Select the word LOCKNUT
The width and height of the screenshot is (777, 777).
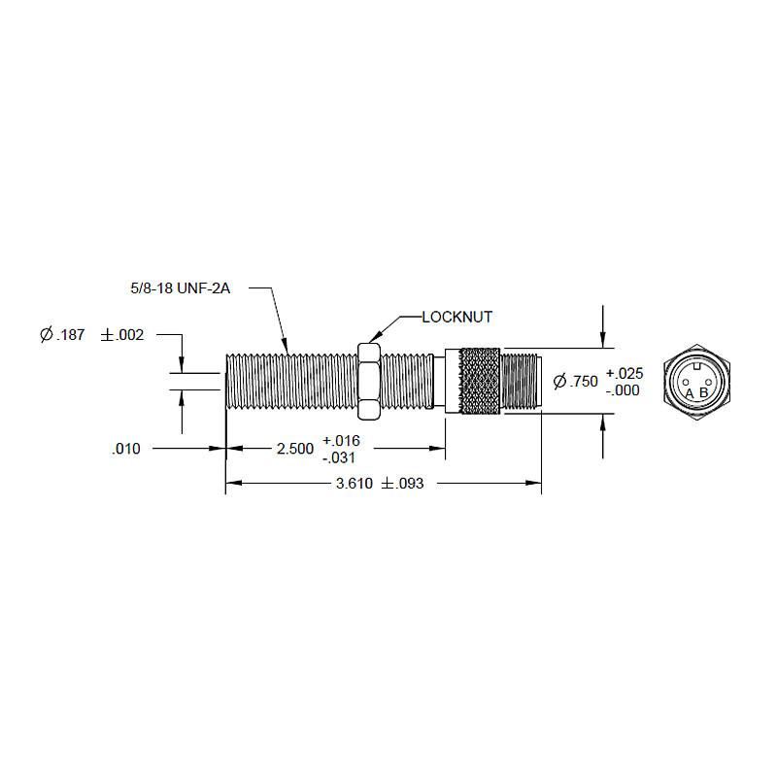tap(457, 317)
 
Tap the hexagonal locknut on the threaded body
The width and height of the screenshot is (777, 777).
tap(369, 380)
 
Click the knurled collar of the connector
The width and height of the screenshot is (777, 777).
tap(480, 381)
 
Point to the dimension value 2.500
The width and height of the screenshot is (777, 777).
tap(295, 449)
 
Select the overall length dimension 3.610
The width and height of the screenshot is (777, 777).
tap(355, 484)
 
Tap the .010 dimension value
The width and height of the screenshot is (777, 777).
tap(125, 449)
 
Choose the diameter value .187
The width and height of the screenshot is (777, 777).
tap(72, 335)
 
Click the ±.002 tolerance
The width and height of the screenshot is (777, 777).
tap(121, 335)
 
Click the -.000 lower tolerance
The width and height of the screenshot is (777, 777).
tap(623, 390)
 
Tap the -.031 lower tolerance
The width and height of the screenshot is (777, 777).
tap(339, 457)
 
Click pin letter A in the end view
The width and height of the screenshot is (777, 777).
tap(689, 393)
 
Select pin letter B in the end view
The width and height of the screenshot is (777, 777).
tap(704, 393)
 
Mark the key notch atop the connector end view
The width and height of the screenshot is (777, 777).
tap(696, 365)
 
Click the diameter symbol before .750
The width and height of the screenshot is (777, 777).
tap(558, 382)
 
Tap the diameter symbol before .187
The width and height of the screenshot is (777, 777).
tap(47, 335)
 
